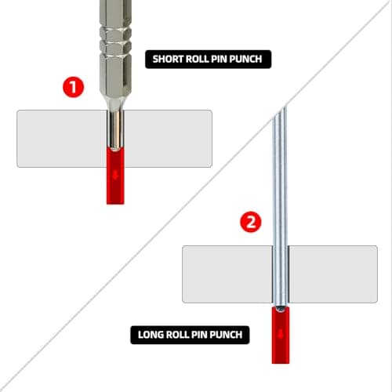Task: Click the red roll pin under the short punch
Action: coord(115,176)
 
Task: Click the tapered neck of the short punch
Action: coord(116,95)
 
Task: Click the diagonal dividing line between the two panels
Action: coord(196,196)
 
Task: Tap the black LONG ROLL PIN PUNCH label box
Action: coord(189,336)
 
